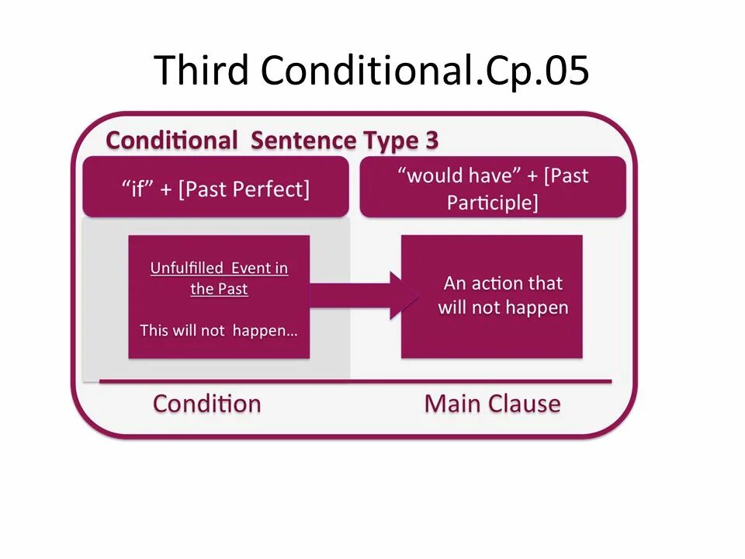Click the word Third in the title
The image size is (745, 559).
[x=200, y=71]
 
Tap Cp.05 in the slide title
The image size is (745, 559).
[x=538, y=71]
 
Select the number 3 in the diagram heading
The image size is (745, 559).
[x=431, y=141]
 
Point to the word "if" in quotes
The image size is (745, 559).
[x=137, y=189]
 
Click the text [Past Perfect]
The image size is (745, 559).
[x=244, y=189]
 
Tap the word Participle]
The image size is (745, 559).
[x=492, y=203]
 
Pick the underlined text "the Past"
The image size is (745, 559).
[x=219, y=290]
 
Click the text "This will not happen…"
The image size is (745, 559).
[x=219, y=330]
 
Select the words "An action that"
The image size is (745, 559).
[x=503, y=283]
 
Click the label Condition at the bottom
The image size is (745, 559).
[x=206, y=404]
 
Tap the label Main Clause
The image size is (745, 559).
[x=492, y=404]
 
